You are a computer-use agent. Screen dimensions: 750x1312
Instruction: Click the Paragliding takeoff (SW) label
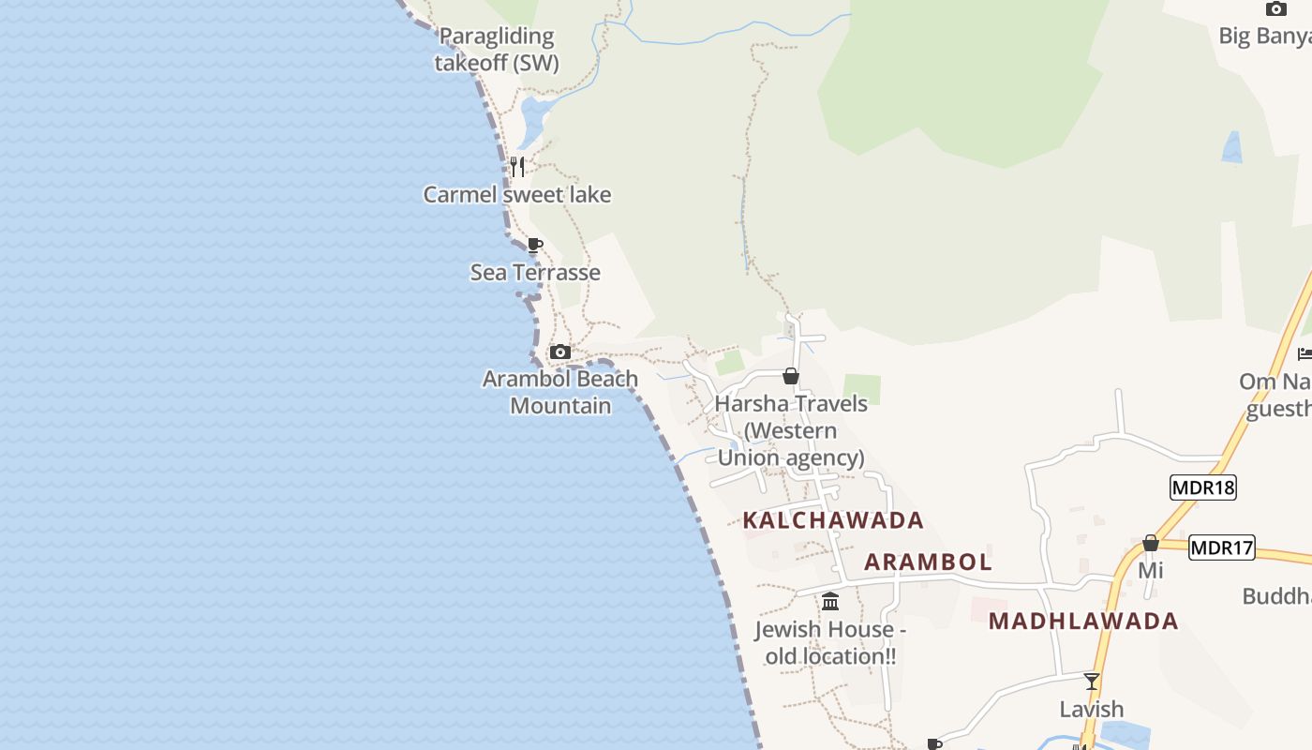[497, 50]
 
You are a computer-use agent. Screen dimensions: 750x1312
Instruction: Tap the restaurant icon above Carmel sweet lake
[516, 167]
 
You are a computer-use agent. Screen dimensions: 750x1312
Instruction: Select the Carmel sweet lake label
[517, 195]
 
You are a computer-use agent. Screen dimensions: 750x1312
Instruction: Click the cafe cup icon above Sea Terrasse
[534, 246]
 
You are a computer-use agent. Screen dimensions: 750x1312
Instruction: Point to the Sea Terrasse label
[535, 273]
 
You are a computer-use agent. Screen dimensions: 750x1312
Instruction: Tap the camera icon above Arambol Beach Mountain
[560, 352]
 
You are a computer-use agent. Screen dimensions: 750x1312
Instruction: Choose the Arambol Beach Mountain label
[560, 393]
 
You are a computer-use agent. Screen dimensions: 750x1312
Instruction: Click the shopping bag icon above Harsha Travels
[791, 377]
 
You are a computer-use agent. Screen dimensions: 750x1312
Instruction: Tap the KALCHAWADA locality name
[833, 520]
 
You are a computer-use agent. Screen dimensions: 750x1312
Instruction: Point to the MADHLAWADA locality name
[1083, 621]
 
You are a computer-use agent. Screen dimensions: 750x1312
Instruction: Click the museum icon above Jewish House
[830, 602]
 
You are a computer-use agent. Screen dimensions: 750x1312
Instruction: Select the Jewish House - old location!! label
[830, 643]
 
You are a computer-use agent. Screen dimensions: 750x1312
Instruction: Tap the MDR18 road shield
[1203, 487]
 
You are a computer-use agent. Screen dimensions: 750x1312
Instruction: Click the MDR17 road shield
[1222, 547]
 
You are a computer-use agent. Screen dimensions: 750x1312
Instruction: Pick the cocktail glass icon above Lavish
[1092, 682]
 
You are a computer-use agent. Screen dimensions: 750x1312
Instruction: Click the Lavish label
[1092, 710]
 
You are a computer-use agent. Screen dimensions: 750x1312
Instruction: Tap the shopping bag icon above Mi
[1151, 544]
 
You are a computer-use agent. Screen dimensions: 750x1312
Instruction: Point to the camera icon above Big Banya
[1276, 9]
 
